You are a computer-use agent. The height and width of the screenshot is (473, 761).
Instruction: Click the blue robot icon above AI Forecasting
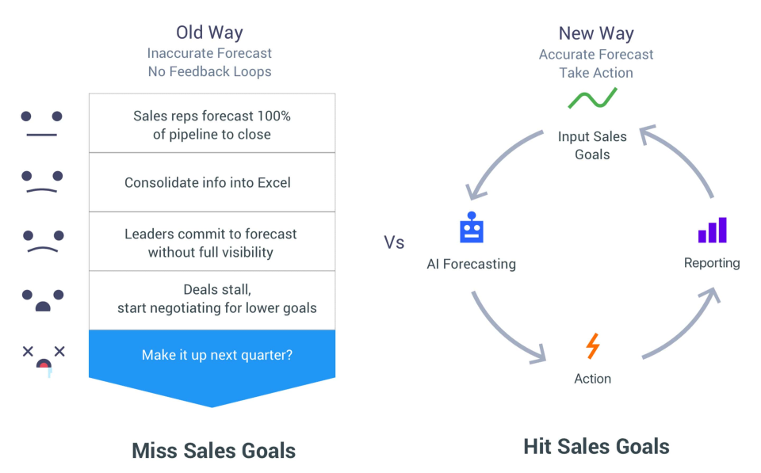pos(471,227)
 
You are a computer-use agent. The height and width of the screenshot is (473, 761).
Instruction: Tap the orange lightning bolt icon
pos(593,346)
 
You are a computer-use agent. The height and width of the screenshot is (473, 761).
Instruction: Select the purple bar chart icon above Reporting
pos(712,230)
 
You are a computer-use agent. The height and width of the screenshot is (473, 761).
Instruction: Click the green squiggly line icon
pos(593,98)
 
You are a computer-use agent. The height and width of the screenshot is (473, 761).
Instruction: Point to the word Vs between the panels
pos(394,242)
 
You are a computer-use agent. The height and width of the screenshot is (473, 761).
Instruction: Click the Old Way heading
pos(209,32)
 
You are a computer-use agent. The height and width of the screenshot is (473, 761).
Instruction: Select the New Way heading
pos(596,33)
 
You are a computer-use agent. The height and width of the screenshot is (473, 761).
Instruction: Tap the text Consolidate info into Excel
pos(207,182)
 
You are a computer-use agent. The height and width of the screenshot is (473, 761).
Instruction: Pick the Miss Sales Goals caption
pos(213,450)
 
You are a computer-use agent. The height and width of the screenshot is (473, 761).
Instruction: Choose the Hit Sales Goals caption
pos(596,446)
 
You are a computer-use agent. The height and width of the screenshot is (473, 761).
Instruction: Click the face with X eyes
pos(44,360)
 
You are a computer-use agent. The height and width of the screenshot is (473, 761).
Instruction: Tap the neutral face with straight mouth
pos(42,124)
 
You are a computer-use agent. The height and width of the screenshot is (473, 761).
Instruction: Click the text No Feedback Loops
pos(209,71)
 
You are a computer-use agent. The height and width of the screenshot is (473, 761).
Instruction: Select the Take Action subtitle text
pos(596,73)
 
